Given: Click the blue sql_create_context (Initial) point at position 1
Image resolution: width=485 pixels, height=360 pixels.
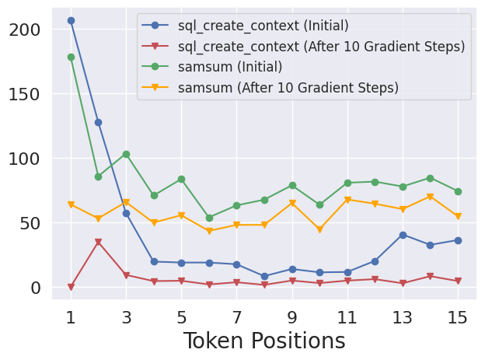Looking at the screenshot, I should point(71,21).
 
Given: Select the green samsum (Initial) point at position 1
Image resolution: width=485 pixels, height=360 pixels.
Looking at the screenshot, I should point(71,57).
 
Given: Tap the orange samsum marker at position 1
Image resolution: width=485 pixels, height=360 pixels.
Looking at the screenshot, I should point(71,204).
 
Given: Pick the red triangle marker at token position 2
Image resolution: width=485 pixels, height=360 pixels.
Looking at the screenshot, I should point(98,242).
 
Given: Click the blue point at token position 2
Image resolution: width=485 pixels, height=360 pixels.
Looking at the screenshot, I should point(98,122).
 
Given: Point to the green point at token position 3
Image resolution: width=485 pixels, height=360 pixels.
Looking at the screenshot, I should point(126,154).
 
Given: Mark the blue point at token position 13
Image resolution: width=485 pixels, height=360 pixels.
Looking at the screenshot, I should point(403,235).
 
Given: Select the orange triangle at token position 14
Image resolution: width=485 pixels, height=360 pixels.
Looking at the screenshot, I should point(430,197).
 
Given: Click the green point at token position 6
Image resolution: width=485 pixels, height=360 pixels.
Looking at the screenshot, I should point(209,218).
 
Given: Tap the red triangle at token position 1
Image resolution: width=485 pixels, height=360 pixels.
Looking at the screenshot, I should point(71,287).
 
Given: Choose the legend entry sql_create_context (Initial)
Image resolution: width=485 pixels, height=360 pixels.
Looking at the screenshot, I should point(263,26).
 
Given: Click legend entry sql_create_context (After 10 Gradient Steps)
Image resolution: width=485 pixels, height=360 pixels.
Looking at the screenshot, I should point(321,47).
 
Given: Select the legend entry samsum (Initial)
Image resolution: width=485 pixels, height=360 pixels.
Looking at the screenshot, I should point(229,67).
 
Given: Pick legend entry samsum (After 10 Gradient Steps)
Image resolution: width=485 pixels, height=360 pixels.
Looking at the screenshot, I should point(288,88).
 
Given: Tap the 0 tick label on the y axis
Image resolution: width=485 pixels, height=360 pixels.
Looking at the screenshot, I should point(36,288).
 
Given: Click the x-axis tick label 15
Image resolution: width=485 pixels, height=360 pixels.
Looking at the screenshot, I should point(458,317).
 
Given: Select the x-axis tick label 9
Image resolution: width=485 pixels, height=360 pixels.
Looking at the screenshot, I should point(292,317).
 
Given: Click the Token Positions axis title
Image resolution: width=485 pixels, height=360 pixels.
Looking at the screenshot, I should point(264,341).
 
